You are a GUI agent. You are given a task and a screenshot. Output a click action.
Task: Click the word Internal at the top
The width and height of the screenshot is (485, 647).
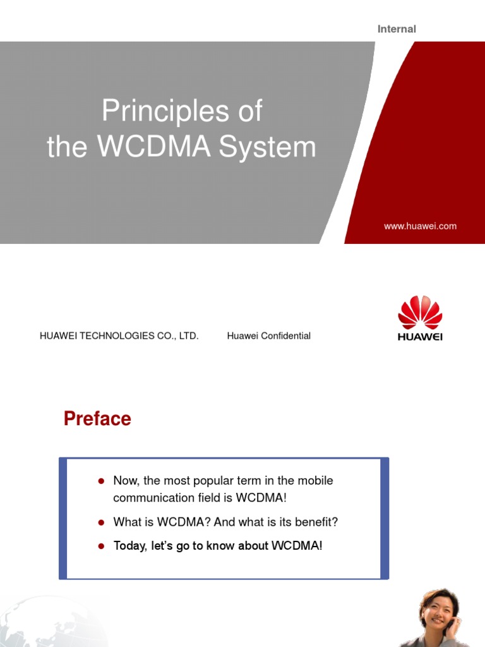(397, 29)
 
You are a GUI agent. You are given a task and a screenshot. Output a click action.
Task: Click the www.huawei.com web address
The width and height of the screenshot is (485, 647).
(420, 226)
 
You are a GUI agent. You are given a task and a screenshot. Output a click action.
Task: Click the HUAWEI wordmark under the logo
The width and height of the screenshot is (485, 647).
(420, 337)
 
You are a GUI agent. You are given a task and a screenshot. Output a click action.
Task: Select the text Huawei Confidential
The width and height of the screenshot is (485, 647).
(268, 336)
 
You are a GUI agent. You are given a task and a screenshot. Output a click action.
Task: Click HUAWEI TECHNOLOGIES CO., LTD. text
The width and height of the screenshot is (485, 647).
(119, 336)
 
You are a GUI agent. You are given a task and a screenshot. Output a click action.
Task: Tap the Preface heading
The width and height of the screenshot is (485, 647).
(97, 419)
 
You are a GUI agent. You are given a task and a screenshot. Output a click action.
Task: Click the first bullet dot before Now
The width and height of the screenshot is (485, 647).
(100, 481)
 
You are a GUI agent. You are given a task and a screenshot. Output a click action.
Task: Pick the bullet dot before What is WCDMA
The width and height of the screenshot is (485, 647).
(100, 523)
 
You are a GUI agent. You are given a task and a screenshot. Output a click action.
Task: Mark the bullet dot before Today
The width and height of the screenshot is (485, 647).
(100, 546)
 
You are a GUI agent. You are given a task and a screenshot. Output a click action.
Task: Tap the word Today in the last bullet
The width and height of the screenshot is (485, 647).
(129, 546)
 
